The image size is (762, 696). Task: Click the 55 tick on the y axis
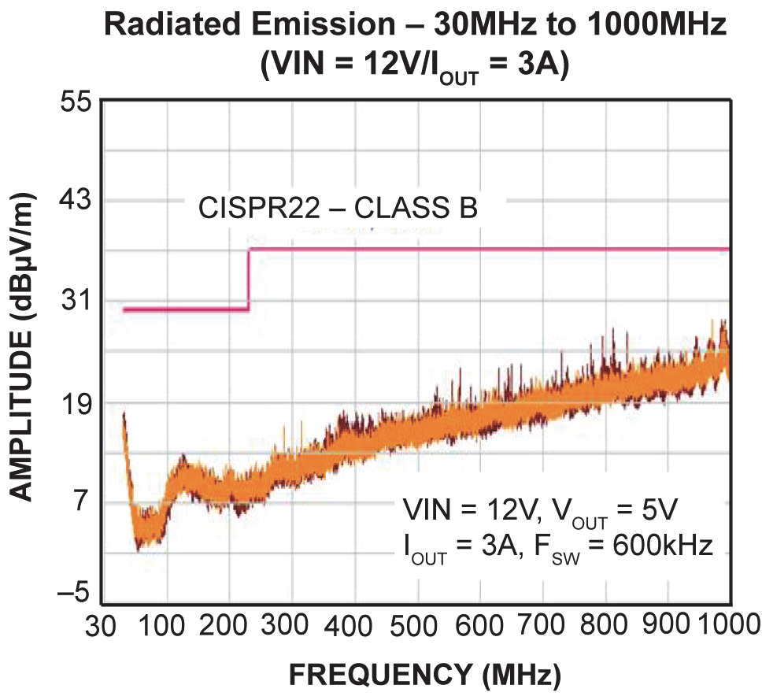76,102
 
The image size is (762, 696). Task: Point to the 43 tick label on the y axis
76,202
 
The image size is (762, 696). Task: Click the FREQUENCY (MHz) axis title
425,675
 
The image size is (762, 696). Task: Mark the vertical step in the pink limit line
249,280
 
